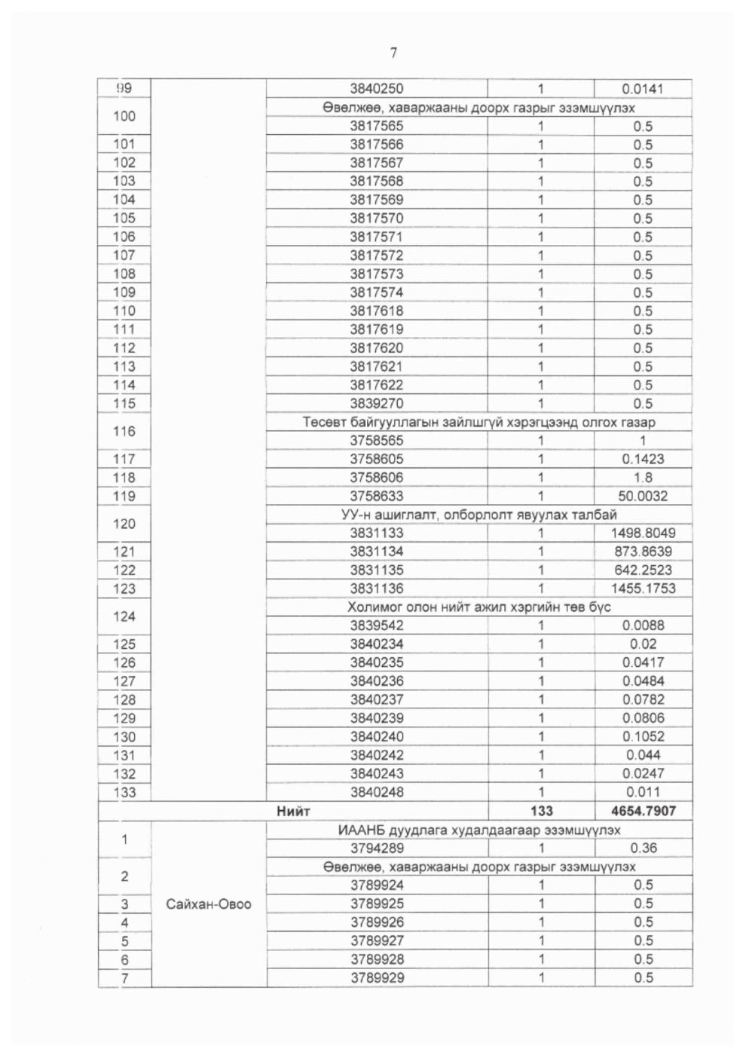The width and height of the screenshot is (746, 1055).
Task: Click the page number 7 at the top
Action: (393, 52)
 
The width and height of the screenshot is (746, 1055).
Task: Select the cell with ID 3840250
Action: (377, 89)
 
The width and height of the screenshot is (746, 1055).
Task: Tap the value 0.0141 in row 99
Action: (643, 89)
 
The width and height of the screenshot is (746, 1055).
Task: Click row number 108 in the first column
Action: (124, 274)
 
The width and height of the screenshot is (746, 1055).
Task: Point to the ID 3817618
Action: (377, 310)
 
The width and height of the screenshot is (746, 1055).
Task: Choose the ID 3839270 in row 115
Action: (377, 403)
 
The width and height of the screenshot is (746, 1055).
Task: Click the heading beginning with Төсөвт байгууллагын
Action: (478, 422)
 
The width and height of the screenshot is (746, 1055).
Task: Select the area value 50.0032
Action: (643, 496)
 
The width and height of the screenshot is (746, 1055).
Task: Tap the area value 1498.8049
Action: (643, 533)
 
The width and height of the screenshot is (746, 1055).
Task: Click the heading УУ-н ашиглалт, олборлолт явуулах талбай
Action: (478, 515)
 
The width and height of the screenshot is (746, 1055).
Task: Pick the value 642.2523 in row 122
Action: (643, 570)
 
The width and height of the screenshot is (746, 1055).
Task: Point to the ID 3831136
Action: (377, 589)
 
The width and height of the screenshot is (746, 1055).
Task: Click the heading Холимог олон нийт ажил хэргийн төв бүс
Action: (478, 607)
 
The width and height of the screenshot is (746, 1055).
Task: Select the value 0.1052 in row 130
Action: (643, 736)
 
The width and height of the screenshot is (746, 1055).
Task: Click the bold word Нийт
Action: (293, 811)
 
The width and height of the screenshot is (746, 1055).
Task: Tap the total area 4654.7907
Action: (643, 811)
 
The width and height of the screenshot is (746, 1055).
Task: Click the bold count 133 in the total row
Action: (541, 811)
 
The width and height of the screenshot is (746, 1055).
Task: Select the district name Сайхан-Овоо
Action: (209, 904)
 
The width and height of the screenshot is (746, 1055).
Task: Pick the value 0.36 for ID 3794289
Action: (643, 848)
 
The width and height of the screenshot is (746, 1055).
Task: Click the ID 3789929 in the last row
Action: (377, 977)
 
